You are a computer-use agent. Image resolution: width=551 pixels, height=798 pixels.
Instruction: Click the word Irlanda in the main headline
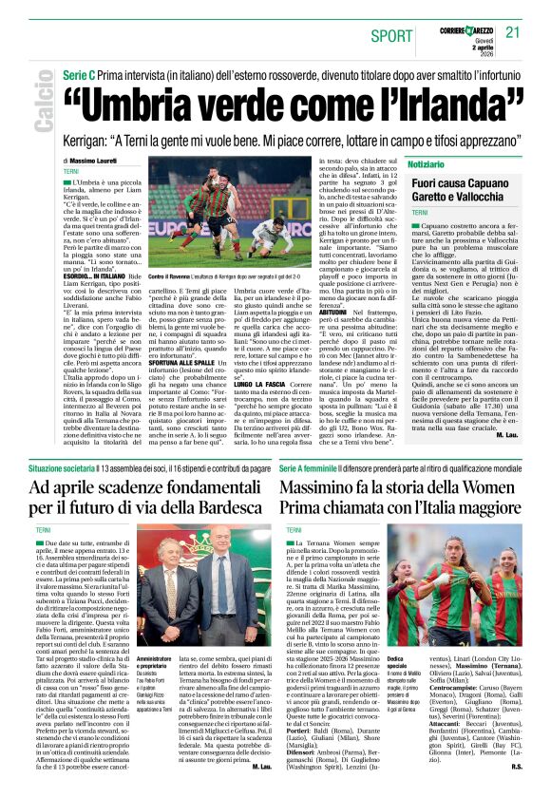click(434, 104)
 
